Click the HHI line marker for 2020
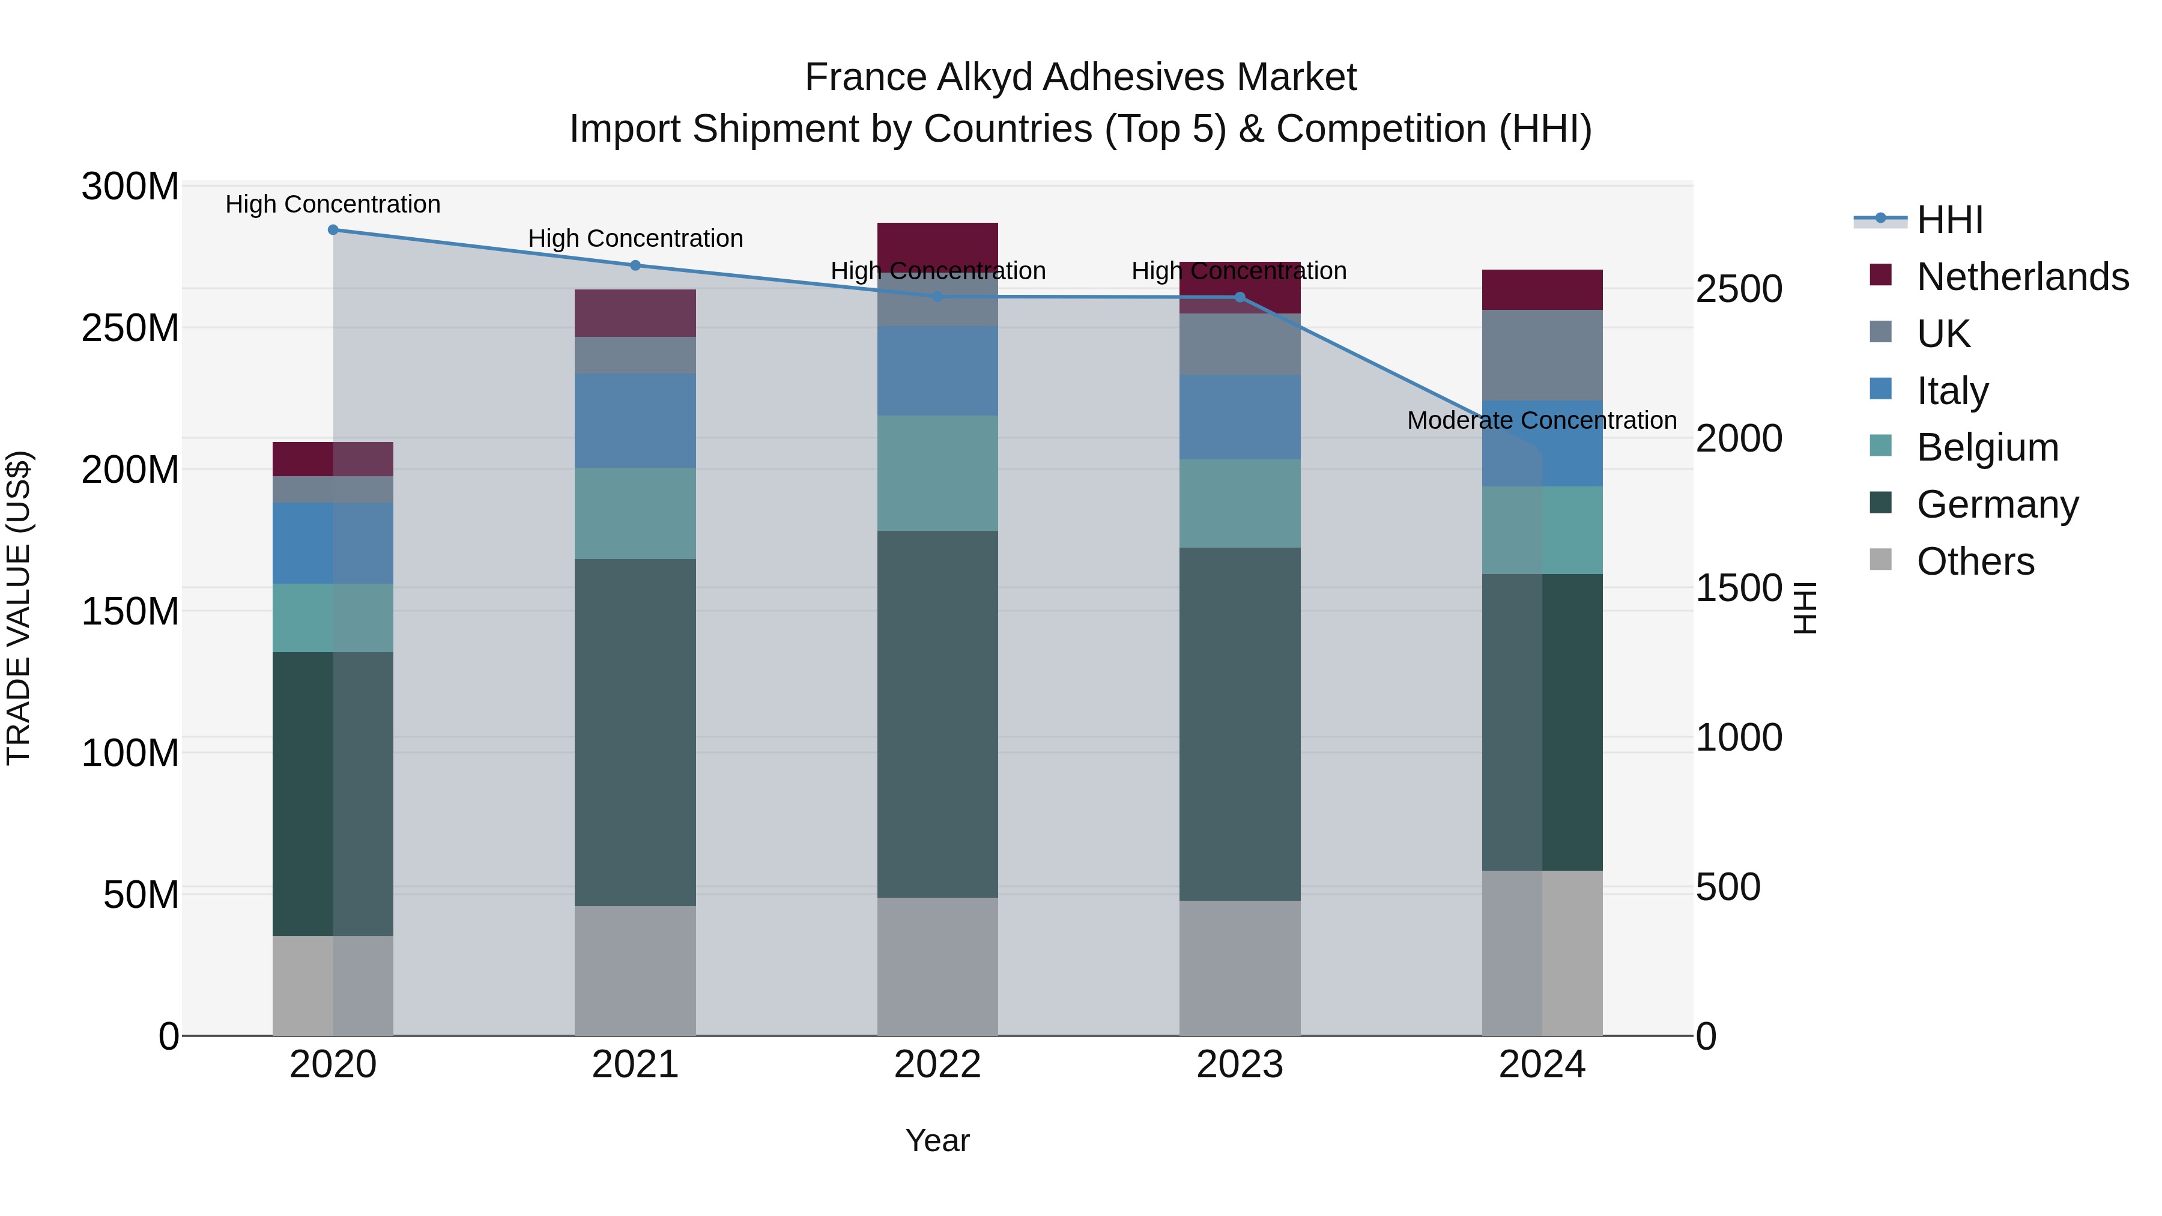[x=333, y=230]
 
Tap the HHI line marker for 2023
[x=1240, y=297]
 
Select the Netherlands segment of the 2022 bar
[x=937, y=247]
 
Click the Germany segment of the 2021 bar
[x=635, y=732]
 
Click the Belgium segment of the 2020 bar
[x=333, y=618]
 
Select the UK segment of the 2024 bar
[x=1542, y=355]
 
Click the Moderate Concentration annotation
[x=1542, y=420]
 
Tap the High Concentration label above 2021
[x=635, y=238]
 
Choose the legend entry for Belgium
[x=1987, y=447]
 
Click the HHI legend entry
[x=1949, y=220]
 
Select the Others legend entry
[x=1975, y=561]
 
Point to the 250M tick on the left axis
[x=130, y=328]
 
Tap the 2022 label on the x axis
[x=937, y=1065]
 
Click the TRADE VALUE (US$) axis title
[x=19, y=608]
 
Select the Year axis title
[x=937, y=1140]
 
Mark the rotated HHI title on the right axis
[x=1805, y=608]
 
